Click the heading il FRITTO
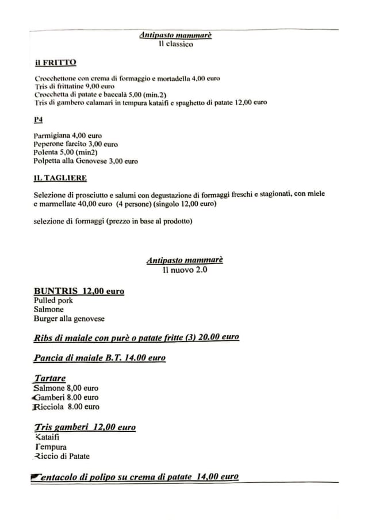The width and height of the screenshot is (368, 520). [x=55, y=63]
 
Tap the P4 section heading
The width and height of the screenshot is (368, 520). [x=39, y=120]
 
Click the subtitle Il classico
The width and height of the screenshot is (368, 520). [x=176, y=44]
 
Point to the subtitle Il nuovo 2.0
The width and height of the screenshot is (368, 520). [x=185, y=270]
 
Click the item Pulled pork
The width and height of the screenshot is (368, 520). [x=53, y=300]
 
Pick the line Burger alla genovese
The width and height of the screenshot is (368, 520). [x=69, y=319]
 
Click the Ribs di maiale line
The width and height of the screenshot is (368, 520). [x=136, y=337]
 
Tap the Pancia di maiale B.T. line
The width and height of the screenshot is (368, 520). [x=99, y=358]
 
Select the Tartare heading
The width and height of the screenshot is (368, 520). [x=49, y=378]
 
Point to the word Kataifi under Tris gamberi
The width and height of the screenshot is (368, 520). [x=47, y=437]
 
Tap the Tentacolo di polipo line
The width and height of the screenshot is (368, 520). [x=135, y=477]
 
